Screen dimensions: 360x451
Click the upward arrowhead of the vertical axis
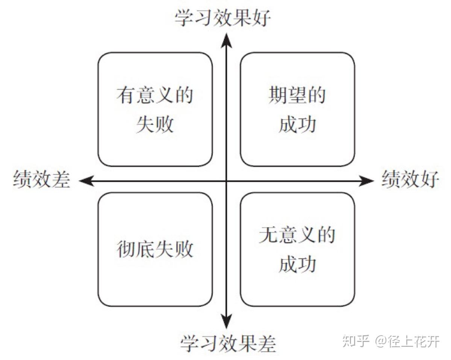pyautogui.click(x=226, y=39)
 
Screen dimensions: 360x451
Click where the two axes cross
pyautogui.click(x=226, y=181)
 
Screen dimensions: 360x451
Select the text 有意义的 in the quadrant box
pyautogui.click(x=155, y=96)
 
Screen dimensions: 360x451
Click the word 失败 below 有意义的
pyautogui.click(x=155, y=124)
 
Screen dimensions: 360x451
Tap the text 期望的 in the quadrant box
pyautogui.click(x=297, y=96)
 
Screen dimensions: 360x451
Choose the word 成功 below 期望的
pyautogui.click(x=297, y=125)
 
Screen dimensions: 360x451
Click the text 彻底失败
pyautogui.click(x=155, y=249)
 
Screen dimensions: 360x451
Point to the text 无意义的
pyautogui.click(x=297, y=235)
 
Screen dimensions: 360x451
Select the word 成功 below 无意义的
pyautogui.click(x=297, y=264)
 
